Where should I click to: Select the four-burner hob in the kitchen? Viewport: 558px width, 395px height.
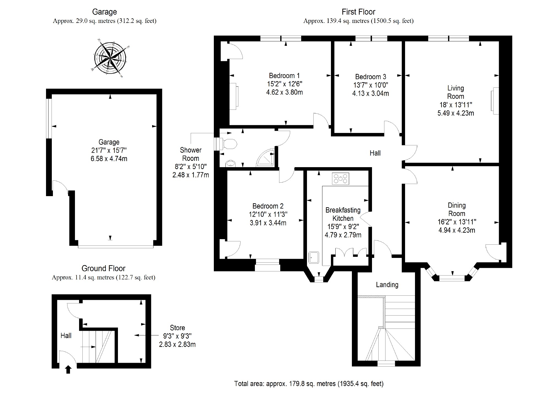(x=341, y=178)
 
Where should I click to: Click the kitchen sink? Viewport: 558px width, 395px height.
(x=314, y=257)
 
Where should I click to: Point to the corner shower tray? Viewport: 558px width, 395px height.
(x=266, y=157)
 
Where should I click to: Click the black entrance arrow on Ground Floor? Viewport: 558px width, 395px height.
(x=68, y=369)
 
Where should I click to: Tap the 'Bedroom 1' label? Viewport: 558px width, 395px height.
(x=284, y=76)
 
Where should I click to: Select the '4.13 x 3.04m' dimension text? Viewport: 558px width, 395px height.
(x=370, y=94)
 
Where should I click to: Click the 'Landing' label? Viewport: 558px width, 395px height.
(x=387, y=285)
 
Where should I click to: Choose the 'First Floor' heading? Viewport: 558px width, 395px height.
(x=358, y=12)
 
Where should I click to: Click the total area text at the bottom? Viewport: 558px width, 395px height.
(x=309, y=383)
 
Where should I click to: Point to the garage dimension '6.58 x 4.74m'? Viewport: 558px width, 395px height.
(x=109, y=159)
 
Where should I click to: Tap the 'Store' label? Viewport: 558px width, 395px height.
(x=177, y=328)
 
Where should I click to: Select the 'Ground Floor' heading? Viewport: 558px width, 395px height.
(x=103, y=268)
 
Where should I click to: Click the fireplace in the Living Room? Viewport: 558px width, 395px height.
(x=494, y=101)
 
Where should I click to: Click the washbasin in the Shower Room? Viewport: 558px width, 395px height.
(x=230, y=164)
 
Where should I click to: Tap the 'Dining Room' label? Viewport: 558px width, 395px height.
(x=457, y=209)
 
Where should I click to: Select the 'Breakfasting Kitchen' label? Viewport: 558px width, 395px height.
(x=343, y=214)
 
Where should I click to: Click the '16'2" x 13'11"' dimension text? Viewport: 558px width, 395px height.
(x=457, y=222)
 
